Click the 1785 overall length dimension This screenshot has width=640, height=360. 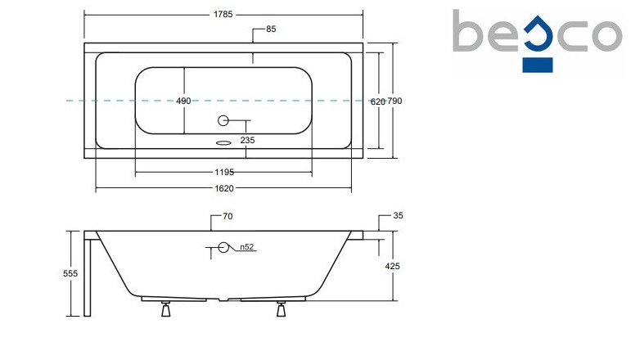(x=223, y=14)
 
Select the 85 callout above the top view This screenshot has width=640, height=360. (x=271, y=29)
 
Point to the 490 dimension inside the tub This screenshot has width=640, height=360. (x=183, y=101)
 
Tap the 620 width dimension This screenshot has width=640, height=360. (x=377, y=101)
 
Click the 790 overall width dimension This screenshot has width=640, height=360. (x=394, y=101)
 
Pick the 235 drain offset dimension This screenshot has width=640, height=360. (x=247, y=140)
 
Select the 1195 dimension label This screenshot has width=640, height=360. (x=224, y=173)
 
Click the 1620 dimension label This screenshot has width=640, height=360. (x=224, y=188)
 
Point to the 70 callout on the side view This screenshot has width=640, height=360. (x=228, y=216)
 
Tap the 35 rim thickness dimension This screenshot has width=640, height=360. (x=398, y=215)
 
